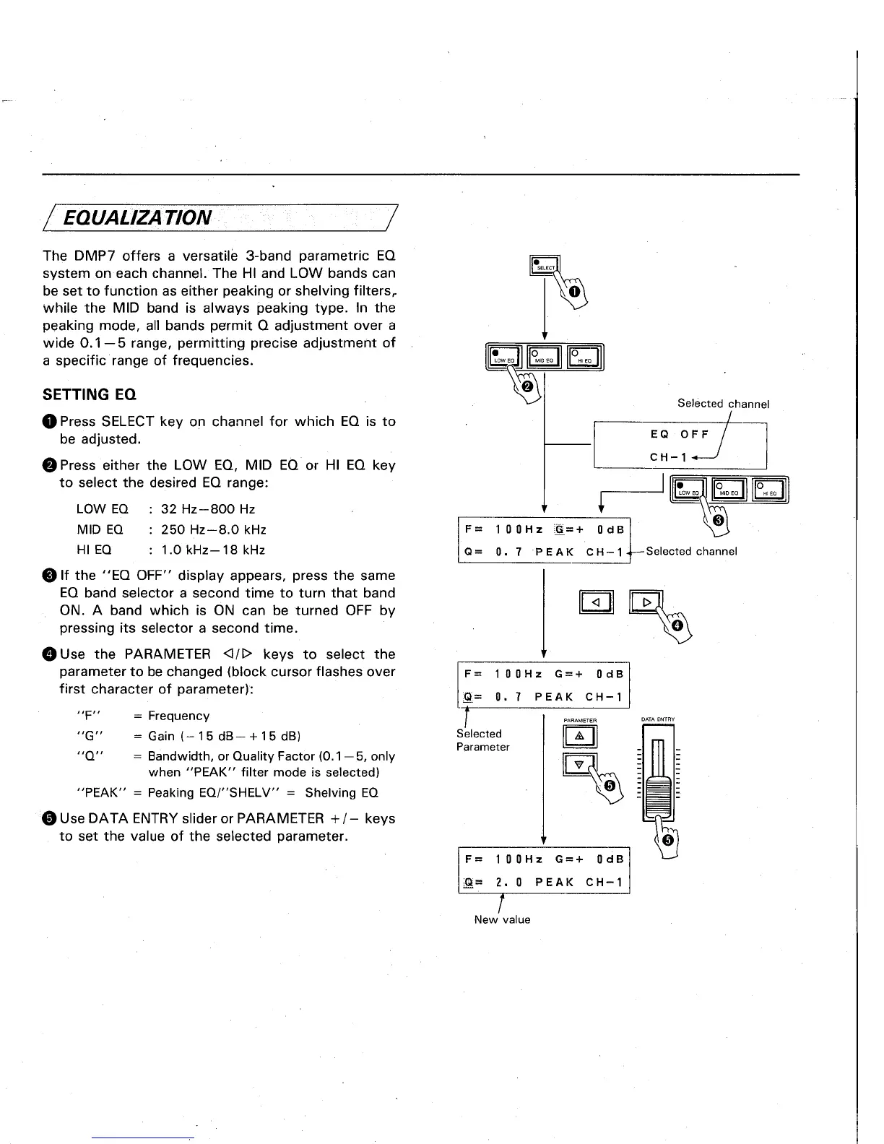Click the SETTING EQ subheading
pos(90,394)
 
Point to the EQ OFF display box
pos(679,445)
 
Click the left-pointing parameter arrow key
pos(596,602)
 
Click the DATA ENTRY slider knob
pos(657,796)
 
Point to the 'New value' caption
pos(502,919)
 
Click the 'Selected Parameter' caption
pos(482,740)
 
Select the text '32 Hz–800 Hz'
pos(208,509)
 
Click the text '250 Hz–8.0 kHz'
pos(214,529)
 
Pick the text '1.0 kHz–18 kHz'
pos(213,550)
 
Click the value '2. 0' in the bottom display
pos(503,883)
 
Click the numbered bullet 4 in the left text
pos(49,654)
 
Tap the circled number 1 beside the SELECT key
pos(574,292)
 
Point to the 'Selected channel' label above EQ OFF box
pos(723,404)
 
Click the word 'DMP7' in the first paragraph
pos(90,256)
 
